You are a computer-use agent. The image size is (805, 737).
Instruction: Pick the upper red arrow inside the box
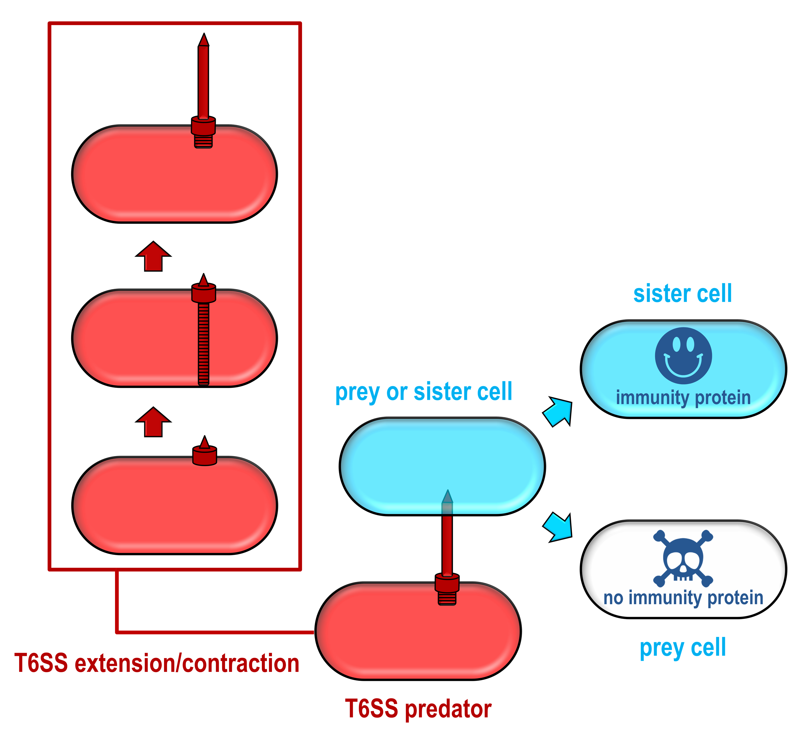coord(153,257)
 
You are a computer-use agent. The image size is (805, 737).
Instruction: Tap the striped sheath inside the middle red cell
coord(204,344)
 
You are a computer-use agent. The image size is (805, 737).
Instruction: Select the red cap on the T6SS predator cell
coord(447,583)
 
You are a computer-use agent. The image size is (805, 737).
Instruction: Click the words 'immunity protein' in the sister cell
coord(683,398)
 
